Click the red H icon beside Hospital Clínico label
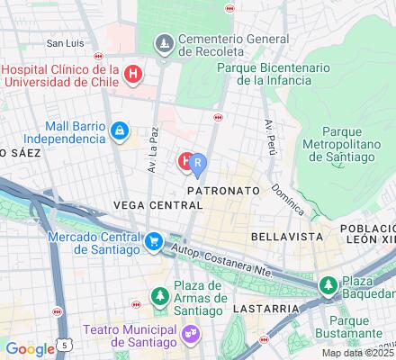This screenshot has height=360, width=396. (x=133, y=73)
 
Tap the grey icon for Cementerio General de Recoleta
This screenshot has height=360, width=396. (x=165, y=42)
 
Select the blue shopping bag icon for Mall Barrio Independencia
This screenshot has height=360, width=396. (x=119, y=131)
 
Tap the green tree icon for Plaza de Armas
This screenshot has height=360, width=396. (x=159, y=295)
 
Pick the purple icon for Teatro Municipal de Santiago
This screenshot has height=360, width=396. (x=190, y=332)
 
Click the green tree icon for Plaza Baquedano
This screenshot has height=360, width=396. (x=328, y=286)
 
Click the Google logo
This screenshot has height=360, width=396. (x=30, y=349)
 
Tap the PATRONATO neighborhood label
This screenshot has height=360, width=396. (x=223, y=192)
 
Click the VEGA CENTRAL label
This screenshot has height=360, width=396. (x=157, y=205)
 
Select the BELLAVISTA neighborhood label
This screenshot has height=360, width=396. (x=280, y=235)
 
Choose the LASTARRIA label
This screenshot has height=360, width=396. (x=258, y=308)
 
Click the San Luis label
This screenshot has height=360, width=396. (x=66, y=42)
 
